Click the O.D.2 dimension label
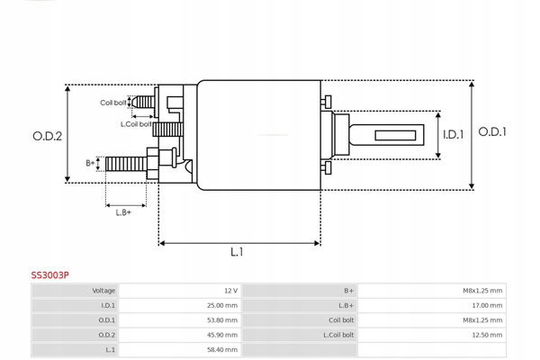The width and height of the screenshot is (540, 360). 47,137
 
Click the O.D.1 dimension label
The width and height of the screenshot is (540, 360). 492,131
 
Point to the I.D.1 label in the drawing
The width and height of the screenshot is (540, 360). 453,135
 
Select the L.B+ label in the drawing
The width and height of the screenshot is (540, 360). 123,211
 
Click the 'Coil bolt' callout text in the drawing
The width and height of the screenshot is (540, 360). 112,102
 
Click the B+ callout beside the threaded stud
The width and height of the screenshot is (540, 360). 90,163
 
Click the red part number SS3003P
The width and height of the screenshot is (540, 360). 51,276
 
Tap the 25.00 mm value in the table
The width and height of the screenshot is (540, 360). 222,305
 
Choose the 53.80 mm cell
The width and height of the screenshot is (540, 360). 222,319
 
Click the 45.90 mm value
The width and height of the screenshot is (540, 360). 222,334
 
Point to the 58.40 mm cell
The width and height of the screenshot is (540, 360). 222,348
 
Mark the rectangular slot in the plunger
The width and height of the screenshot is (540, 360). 397,136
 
